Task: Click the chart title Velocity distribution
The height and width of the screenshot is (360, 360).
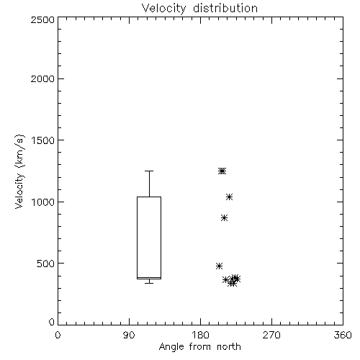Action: point(199,8)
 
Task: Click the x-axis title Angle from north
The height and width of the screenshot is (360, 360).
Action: point(199,347)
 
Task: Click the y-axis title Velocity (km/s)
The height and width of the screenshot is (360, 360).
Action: point(19,171)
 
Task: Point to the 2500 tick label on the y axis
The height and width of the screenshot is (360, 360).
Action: point(42,19)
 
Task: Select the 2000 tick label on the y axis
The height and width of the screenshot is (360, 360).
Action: point(42,78)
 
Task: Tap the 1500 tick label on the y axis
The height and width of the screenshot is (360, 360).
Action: point(43,140)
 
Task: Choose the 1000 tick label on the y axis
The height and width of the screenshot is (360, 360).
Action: point(43,202)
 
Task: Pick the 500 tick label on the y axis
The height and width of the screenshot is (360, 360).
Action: point(45,264)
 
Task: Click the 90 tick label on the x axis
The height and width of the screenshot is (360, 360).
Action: point(129,335)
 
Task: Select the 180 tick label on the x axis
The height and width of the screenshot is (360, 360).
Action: point(200,335)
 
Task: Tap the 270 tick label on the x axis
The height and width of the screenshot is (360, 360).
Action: point(271,335)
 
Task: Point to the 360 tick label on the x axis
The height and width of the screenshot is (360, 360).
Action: point(343,335)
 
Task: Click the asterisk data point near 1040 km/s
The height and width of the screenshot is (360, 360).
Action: point(229,197)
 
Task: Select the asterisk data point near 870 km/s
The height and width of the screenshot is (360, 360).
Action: point(224,218)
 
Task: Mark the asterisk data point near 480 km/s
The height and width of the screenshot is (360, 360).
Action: point(219,266)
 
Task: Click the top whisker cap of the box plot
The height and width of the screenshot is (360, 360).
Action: point(149,171)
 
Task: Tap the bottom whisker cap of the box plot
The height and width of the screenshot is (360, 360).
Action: point(149,283)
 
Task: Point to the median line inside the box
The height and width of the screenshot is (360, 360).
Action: point(149,277)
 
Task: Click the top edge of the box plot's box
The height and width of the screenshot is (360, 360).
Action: point(149,197)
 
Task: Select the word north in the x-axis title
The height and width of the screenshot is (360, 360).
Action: point(229,347)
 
